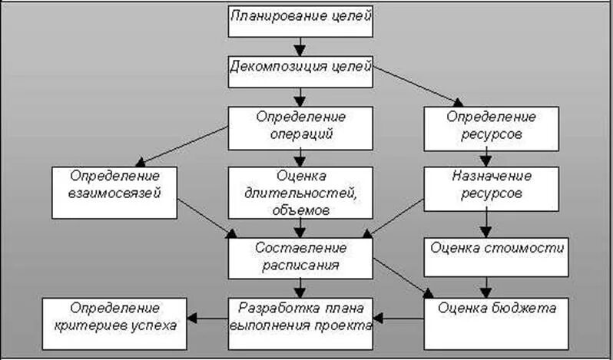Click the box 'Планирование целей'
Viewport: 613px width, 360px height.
coord(300,21)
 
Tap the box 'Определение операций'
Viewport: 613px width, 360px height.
coord(300,126)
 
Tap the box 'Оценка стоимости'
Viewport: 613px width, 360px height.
coord(497,249)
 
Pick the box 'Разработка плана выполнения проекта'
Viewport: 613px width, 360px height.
coord(300,315)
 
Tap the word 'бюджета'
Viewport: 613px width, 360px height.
coord(522,308)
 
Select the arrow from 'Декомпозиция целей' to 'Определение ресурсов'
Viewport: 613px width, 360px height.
coord(419,84)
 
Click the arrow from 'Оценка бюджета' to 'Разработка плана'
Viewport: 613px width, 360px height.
coord(399,315)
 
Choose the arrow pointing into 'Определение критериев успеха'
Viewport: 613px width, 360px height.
coord(210,315)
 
